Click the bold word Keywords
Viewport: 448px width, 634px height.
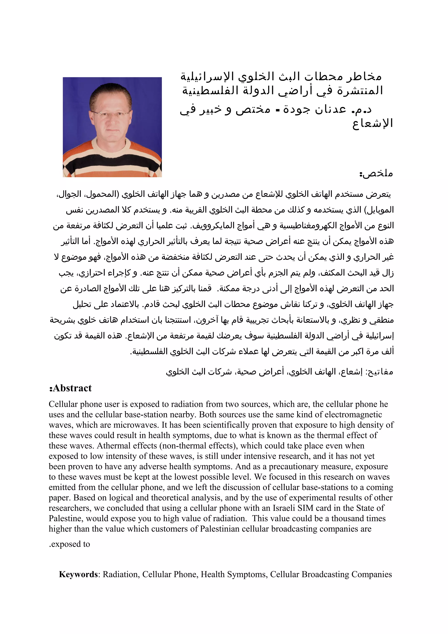(78, 574)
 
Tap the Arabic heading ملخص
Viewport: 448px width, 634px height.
(376, 173)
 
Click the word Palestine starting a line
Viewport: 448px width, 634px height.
(65, 518)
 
